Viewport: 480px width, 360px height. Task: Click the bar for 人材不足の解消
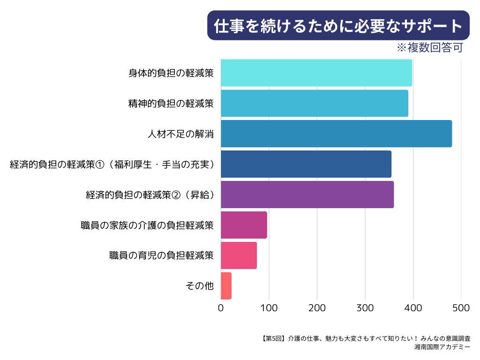point(336,134)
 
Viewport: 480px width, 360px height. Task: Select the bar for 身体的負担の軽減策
point(316,73)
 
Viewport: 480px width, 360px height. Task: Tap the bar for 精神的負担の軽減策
point(314,103)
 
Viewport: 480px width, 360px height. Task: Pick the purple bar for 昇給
point(307,195)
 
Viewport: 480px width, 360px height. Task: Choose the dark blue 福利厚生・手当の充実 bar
point(306,164)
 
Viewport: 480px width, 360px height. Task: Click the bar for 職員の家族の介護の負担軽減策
point(244,225)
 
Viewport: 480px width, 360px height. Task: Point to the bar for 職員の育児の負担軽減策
point(239,255)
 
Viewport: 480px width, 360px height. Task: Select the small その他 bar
point(226,285)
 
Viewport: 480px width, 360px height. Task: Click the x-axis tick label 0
point(221,308)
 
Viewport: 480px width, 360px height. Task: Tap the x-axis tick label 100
point(269,308)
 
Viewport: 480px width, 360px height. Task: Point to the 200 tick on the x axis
point(317,308)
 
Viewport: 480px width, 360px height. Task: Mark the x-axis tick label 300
point(365,308)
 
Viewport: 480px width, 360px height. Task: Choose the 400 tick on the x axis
point(413,308)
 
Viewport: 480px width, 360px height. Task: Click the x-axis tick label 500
point(461,308)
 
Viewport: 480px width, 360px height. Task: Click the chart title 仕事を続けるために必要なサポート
point(338,26)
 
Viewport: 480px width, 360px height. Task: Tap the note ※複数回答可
point(430,48)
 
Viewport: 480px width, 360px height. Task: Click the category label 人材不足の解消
point(180,134)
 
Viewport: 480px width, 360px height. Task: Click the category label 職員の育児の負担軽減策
point(161,256)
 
